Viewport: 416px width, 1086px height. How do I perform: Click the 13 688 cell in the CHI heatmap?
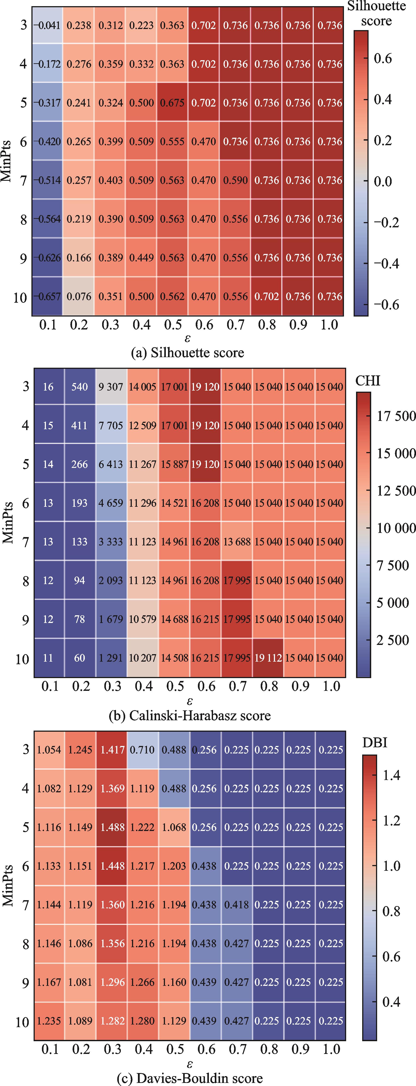click(237, 542)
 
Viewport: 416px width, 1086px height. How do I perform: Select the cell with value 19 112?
click(268, 658)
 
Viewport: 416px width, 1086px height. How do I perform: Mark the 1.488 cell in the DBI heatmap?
click(112, 827)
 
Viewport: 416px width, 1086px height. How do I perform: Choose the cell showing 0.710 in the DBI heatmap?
click(143, 750)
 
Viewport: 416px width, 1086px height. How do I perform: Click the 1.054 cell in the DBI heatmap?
click(49, 750)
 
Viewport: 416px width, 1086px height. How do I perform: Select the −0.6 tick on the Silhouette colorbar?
click(386, 304)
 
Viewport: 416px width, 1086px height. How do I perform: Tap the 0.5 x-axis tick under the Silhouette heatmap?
click(173, 325)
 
